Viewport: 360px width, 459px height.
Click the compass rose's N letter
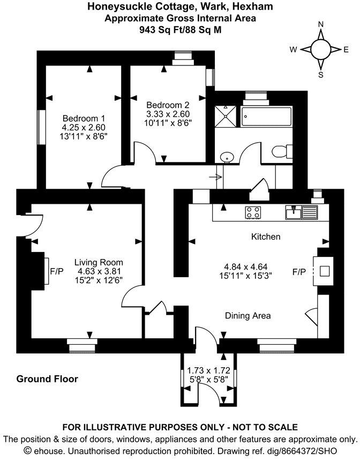click(321, 24)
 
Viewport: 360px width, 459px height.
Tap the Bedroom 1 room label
click(84, 119)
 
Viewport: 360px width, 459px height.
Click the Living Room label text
click(99, 262)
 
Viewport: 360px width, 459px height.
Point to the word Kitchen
click(266, 236)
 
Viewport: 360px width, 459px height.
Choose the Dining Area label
click(247, 316)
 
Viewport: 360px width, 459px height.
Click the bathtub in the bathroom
click(267, 116)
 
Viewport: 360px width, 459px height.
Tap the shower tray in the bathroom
click(226, 116)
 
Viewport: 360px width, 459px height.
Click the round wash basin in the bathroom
click(227, 157)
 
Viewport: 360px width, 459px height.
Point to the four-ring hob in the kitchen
click(253, 212)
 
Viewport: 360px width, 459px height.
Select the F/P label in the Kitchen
click(299, 272)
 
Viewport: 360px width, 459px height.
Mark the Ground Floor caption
click(47, 379)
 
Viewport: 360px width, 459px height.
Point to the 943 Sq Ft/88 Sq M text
click(179, 29)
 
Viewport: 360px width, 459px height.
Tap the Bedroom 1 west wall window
click(41, 127)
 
